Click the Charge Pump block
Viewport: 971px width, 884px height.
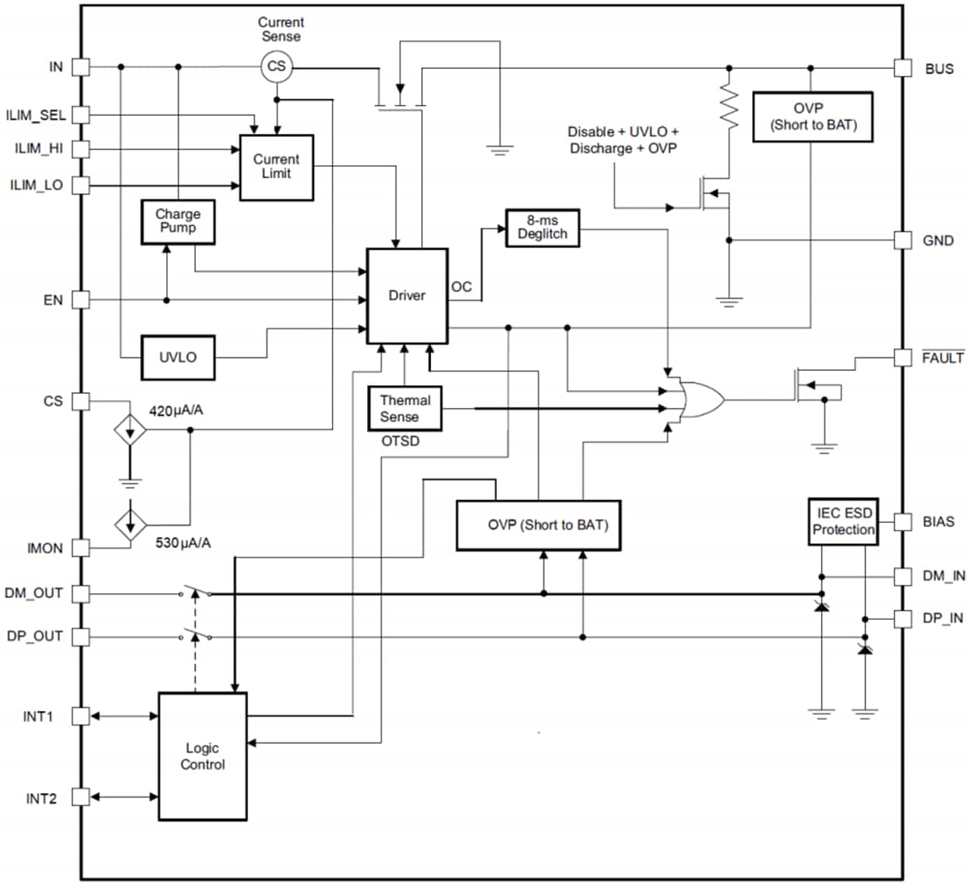(x=178, y=222)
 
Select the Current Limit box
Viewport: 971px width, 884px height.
(x=276, y=167)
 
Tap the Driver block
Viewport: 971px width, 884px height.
(x=407, y=295)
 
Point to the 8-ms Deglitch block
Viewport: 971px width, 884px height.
(x=542, y=227)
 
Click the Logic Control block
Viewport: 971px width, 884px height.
(x=202, y=757)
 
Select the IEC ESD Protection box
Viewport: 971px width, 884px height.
(x=843, y=522)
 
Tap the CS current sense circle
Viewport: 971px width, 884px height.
(x=277, y=66)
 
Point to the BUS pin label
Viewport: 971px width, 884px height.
(x=938, y=68)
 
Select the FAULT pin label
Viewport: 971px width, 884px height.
(x=943, y=358)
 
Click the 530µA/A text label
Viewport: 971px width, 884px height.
(x=182, y=541)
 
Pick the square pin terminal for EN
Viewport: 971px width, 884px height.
(x=80, y=300)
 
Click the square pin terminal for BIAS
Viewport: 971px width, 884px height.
(x=903, y=522)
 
